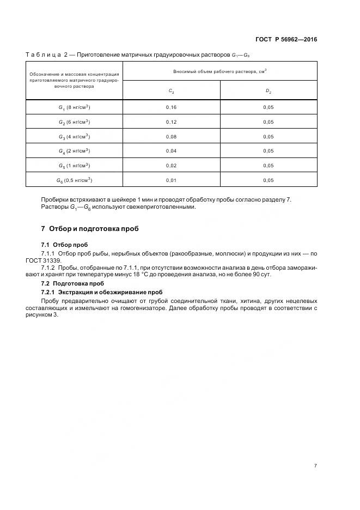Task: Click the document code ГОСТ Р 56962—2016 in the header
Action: pyautogui.click(x=286, y=40)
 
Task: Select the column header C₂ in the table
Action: pyautogui.click(x=171, y=91)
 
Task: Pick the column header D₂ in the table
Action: pyautogui.click(x=268, y=91)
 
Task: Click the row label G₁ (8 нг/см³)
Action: pyautogui.click(x=74, y=107)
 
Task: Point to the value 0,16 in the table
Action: pyautogui.click(x=171, y=107)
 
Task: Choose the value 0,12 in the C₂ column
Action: pyautogui.click(x=171, y=122)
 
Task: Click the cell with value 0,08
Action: pyautogui.click(x=171, y=136)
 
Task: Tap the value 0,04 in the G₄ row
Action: pyautogui.click(x=171, y=151)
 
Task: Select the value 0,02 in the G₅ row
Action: pyautogui.click(x=171, y=165)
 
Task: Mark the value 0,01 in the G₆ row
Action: pyautogui.click(x=171, y=180)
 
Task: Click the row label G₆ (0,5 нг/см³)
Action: pyautogui.click(x=74, y=180)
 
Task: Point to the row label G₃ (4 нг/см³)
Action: pyautogui.click(x=74, y=136)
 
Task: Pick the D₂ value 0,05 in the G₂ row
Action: pyautogui.click(x=268, y=122)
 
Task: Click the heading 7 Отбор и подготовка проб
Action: pyautogui.click(x=90, y=228)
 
